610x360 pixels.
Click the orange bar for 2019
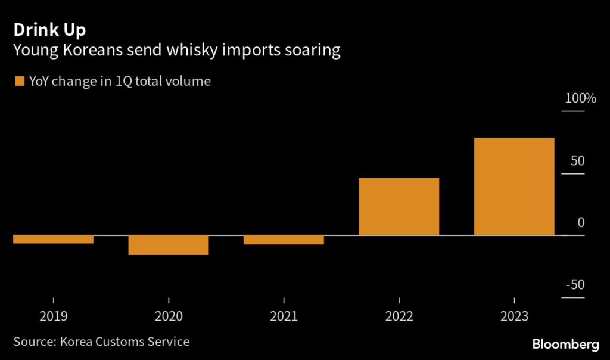[53, 239]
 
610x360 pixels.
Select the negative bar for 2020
[169, 245]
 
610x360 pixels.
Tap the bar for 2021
[284, 240]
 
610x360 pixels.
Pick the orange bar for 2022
[399, 206]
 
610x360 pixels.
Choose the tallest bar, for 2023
[513, 186]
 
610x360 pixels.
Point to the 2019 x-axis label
[54, 316]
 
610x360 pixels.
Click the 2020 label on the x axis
[169, 316]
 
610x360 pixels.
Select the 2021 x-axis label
[284, 316]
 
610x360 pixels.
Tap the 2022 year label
[399, 316]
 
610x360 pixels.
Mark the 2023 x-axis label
[513, 316]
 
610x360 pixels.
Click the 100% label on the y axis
[580, 98]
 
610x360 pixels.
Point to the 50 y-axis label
[577, 161]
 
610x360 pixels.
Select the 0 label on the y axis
[581, 223]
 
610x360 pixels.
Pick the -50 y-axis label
[575, 285]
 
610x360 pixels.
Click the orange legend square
[18, 82]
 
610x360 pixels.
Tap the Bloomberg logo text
[565, 344]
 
